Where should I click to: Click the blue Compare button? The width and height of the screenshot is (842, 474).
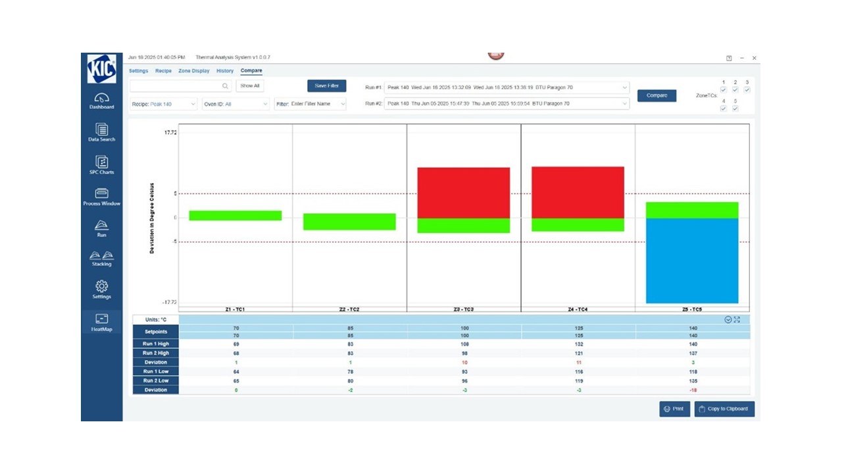pos(656,95)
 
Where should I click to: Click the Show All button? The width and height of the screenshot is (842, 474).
pos(250,86)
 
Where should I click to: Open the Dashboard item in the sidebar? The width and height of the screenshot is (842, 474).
pos(101,101)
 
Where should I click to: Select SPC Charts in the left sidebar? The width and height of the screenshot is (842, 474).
pos(101,165)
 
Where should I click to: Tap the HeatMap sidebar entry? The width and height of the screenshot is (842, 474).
pos(101,322)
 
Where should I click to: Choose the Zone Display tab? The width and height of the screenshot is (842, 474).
pos(194,70)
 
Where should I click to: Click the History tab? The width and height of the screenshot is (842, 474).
pos(225,70)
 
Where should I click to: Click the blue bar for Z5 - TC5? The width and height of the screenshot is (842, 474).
pos(692,261)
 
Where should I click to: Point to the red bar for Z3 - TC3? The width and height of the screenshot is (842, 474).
pos(464,192)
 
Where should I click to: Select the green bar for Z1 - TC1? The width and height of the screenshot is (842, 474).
pos(235,215)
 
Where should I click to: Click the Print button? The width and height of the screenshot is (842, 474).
pos(674,409)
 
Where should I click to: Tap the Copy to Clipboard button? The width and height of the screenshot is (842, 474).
pos(724,409)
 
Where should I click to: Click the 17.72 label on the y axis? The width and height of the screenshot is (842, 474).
pos(170,132)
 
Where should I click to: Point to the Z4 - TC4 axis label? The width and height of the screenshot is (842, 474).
pos(578,309)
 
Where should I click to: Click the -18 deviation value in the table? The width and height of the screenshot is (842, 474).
pos(692,390)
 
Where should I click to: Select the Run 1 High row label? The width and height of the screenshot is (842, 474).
pos(155,344)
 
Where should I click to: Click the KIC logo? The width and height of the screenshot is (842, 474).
pos(101,68)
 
